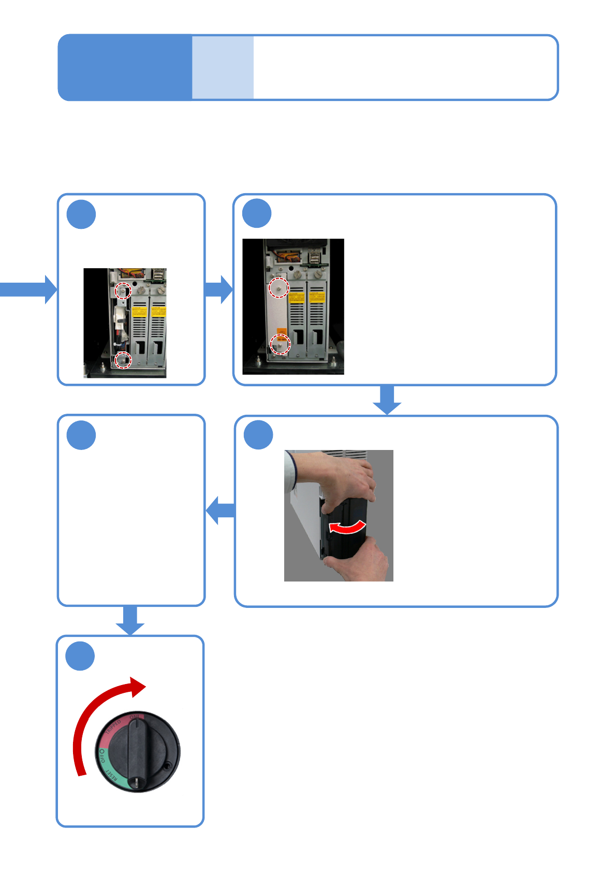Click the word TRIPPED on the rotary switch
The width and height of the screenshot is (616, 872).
pos(113,726)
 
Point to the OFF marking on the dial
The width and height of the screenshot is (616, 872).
pos(102,755)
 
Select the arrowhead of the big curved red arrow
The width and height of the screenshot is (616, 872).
pos(138,687)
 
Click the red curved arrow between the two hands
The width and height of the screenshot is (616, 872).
pos(348,527)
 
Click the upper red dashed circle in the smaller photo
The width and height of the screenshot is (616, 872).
pos(123,290)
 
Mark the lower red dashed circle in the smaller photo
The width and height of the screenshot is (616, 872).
pos(123,360)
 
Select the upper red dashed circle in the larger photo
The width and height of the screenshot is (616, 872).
pos(279,287)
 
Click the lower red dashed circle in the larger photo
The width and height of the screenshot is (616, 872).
pos(280,344)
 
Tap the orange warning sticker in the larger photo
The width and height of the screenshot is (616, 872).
pos(282,331)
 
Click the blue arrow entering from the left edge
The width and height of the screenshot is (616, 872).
pos(28,289)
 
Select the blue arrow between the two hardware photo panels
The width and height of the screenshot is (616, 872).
pos(219,289)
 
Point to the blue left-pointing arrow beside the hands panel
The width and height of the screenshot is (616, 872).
pos(221,510)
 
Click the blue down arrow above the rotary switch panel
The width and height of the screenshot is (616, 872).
pos(130,620)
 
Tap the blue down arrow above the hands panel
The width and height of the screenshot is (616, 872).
pos(387,399)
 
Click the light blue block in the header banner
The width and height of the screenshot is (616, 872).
pos(223,67)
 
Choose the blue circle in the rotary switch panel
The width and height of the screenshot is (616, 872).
pos(80,656)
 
